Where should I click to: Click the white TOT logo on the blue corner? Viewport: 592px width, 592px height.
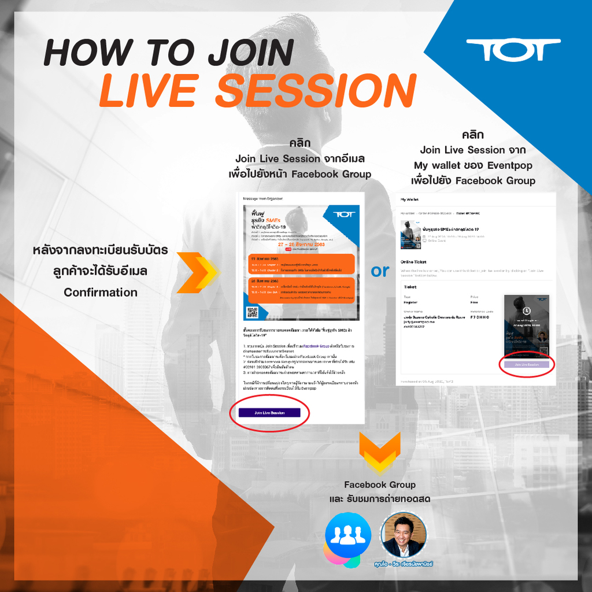tap(513, 50)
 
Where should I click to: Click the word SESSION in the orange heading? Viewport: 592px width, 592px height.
tap(316, 91)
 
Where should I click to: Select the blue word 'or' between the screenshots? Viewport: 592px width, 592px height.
tap(380, 271)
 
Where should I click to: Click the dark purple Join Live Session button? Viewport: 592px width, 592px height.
tap(269, 412)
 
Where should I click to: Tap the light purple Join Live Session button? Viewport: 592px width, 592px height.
tap(527, 365)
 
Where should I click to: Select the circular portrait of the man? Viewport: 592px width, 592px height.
tap(403, 535)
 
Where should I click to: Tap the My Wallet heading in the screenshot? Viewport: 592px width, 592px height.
tap(410, 199)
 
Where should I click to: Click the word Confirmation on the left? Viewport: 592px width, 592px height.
tap(101, 292)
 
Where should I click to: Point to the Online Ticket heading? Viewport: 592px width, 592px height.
tap(413, 262)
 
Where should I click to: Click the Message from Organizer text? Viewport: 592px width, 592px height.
tap(262, 199)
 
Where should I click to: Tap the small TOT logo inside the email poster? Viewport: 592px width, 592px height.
tap(345, 214)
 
